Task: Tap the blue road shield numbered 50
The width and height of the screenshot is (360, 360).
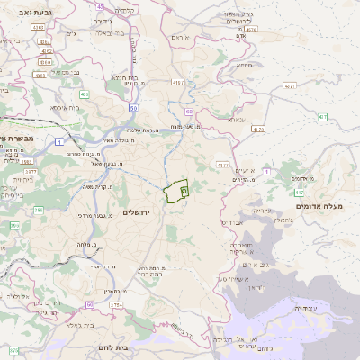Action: (x=133, y=108)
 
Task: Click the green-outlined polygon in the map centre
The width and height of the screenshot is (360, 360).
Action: (x=175, y=192)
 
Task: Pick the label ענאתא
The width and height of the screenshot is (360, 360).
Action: (x=237, y=120)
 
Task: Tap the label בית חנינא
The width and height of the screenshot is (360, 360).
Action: (x=124, y=78)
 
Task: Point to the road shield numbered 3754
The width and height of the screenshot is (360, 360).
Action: (x=117, y=305)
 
